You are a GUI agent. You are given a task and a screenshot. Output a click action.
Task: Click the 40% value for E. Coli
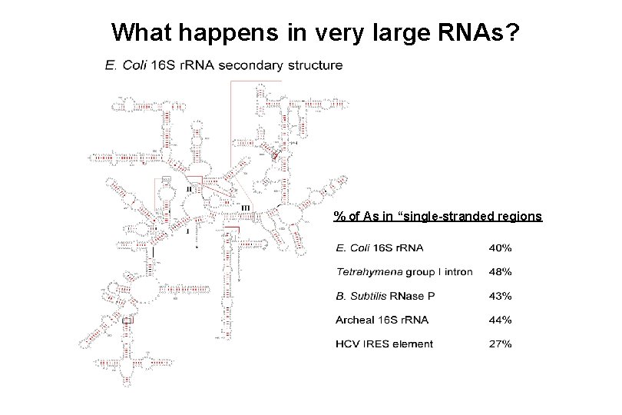coord(502,247)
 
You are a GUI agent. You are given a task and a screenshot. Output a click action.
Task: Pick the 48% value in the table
coord(502,272)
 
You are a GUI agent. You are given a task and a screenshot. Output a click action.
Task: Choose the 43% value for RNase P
coord(502,296)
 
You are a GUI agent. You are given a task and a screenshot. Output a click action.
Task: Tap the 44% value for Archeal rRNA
coord(502,320)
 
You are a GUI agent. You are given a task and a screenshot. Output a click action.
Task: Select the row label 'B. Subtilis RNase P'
coord(392,296)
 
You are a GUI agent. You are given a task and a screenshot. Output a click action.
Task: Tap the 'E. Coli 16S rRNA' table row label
coord(380,247)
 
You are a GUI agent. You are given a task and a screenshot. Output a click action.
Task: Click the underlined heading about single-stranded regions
coord(438,216)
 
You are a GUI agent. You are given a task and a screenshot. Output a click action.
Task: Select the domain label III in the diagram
coord(245,207)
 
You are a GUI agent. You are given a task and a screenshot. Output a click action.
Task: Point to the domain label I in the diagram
coord(187,230)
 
